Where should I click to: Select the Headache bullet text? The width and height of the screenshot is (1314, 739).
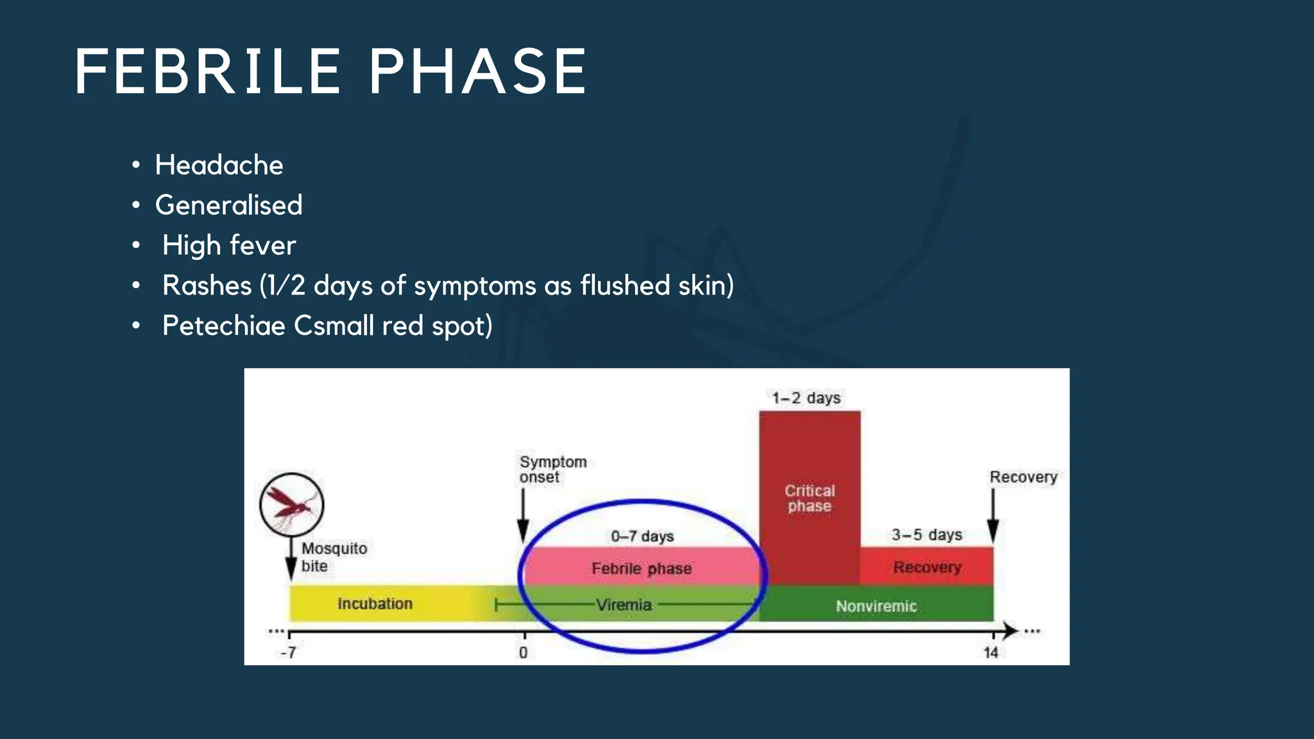point(219,166)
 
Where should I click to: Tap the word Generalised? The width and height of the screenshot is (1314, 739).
point(228,205)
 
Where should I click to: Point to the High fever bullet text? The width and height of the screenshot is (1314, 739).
point(229,246)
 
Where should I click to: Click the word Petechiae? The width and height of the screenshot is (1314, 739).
point(223,326)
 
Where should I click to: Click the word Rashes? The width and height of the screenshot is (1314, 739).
point(207,285)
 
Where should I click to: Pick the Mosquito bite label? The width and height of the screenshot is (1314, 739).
point(334,557)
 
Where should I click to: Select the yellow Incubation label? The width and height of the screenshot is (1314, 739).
point(375,604)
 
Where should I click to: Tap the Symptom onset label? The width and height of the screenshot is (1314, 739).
point(552,470)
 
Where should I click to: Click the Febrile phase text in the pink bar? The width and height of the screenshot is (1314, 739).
point(642,568)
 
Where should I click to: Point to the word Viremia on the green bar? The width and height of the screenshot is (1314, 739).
point(624,605)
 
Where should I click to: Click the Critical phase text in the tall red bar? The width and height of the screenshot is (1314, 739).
point(810,498)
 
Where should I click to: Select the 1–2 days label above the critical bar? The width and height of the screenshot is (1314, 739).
point(806,398)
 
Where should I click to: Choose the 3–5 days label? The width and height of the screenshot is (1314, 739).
point(926,535)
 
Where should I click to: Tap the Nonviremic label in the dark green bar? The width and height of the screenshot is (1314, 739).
point(876,606)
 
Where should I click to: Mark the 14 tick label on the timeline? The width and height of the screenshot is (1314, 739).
point(991,653)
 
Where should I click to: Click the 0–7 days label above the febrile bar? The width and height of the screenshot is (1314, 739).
point(642,536)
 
